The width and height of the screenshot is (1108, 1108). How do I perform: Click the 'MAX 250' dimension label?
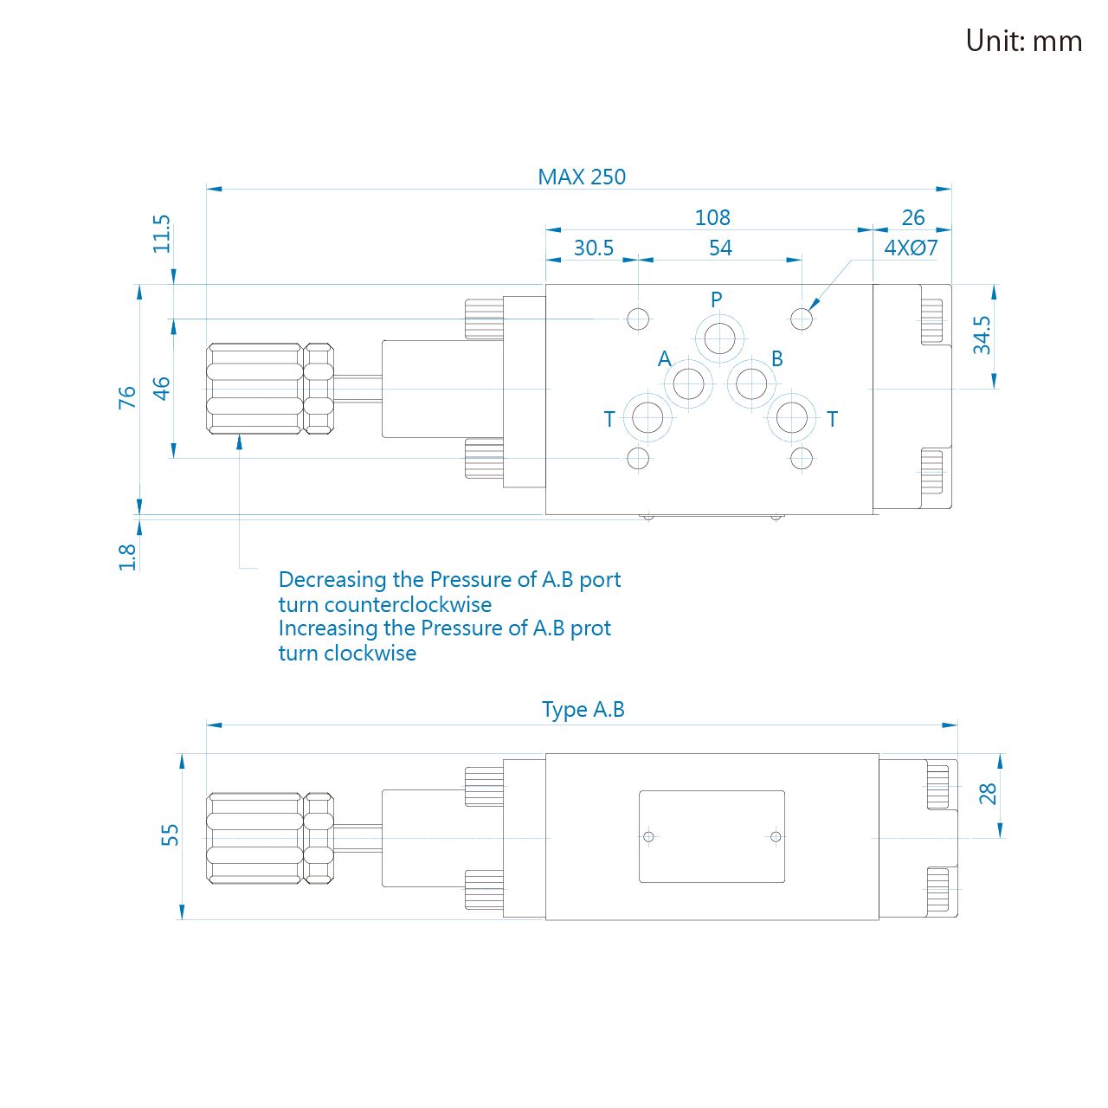[582, 177]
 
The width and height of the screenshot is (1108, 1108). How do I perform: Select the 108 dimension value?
[712, 217]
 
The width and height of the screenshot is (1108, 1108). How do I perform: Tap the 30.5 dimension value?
[594, 248]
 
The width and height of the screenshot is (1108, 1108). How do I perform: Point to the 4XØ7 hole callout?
[911, 248]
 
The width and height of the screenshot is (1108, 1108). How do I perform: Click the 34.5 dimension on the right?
[982, 335]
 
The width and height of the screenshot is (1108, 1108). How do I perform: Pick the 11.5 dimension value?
[162, 234]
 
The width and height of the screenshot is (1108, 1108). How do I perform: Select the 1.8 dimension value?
[127, 557]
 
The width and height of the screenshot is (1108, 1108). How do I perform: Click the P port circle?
[719, 338]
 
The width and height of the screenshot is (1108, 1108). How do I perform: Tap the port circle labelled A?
[688, 383]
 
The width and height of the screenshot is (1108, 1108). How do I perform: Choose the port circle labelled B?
[751, 383]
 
